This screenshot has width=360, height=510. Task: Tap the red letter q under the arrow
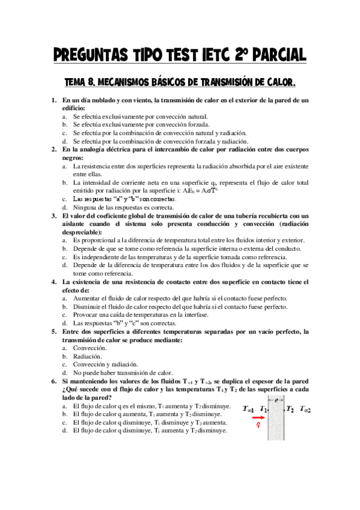[258, 423]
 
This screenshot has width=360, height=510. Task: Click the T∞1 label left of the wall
[249, 409]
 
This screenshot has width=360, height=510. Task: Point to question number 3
[53, 216]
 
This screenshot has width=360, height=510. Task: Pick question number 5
[53, 331]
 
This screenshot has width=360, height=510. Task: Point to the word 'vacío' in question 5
[254, 331]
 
